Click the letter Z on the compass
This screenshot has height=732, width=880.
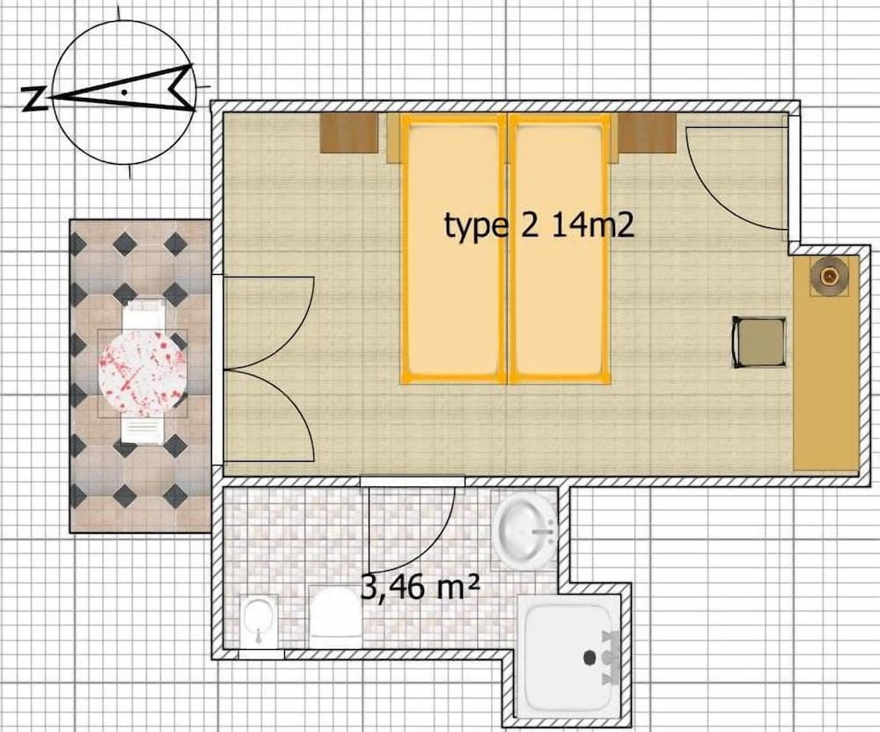(x=33, y=99)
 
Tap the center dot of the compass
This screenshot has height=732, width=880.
(x=124, y=92)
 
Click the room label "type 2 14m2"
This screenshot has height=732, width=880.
(x=539, y=226)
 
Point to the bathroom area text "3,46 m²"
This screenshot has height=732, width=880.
(x=419, y=588)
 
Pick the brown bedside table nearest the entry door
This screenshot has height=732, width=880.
(x=647, y=133)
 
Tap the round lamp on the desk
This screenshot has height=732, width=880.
(x=829, y=276)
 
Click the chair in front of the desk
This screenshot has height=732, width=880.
(x=759, y=342)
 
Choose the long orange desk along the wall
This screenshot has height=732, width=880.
(x=825, y=362)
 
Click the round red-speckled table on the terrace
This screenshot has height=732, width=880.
(x=143, y=373)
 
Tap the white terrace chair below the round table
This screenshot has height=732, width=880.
(x=143, y=429)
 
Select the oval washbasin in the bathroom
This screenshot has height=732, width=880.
(x=525, y=531)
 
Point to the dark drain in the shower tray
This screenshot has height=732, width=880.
(x=590, y=657)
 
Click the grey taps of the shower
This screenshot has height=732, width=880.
(x=610, y=658)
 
